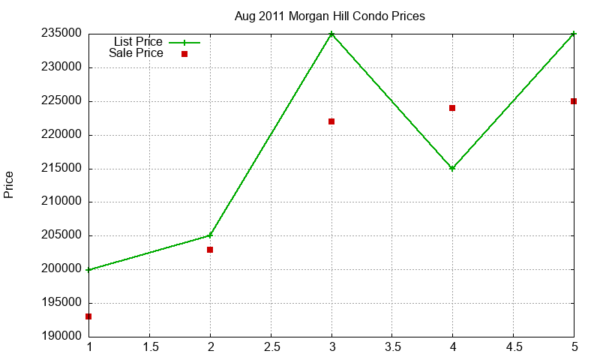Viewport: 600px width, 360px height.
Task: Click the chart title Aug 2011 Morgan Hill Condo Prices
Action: point(329,16)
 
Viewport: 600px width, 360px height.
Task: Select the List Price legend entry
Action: point(157,42)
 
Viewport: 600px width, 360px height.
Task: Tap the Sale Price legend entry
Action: point(148,53)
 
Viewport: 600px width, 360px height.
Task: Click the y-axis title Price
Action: point(9,184)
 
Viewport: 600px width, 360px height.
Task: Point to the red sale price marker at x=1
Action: point(88,316)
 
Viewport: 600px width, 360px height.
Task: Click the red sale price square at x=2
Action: point(210,250)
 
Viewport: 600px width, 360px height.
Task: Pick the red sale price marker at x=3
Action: point(331,121)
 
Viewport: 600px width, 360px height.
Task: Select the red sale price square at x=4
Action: point(452,108)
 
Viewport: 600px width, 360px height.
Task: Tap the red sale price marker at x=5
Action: point(574,101)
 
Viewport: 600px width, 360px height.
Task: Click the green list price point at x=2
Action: point(210,235)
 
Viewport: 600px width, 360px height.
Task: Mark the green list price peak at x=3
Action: point(331,34)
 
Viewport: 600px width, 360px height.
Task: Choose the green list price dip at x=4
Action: point(452,168)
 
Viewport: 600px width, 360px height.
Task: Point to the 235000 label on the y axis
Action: point(61,34)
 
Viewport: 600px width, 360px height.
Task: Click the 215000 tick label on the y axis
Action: point(61,168)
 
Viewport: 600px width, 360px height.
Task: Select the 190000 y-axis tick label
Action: point(61,336)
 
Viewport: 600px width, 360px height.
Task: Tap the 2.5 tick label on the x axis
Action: point(271,347)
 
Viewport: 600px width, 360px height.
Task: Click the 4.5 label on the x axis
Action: point(514,347)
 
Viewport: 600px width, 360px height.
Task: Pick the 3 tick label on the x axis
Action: point(331,347)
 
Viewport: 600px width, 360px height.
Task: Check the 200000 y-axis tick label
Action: point(61,269)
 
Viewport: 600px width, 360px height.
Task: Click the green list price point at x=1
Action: point(88,270)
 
